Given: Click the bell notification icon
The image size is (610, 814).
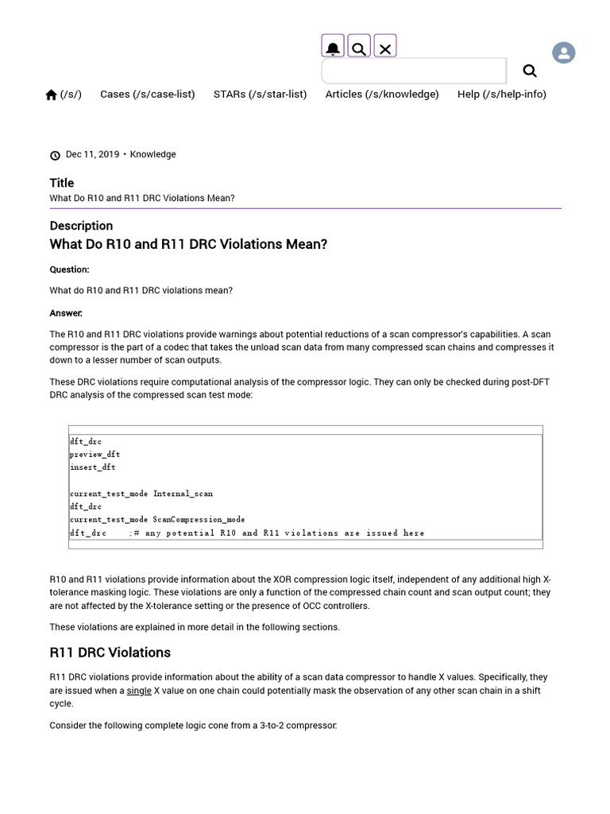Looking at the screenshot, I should click(x=333, y=47).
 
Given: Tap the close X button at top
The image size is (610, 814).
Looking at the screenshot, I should click(x=385, y=48).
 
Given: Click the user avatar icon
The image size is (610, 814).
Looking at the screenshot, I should click(x=563, y=53).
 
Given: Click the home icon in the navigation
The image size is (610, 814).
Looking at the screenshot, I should click(x=52, y=95).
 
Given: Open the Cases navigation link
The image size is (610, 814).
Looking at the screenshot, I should click(x=147, y=94).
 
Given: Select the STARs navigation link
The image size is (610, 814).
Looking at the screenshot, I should click(x=260, y=94).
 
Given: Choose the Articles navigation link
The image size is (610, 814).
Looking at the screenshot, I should click(x=381, y=94).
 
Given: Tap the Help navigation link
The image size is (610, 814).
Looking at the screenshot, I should click(x=501, y=94).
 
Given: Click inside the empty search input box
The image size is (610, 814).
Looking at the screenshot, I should click(x=413, y=71).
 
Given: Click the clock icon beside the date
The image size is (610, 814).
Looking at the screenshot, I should click(x=55, y=155).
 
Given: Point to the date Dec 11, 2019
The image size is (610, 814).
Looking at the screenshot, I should click(x=92, y=154).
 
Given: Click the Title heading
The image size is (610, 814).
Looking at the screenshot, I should click(x=61, y=183).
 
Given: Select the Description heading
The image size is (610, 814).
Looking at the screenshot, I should click(x=81, y=226).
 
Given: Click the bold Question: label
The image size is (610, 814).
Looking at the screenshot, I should click(x=69, y=269).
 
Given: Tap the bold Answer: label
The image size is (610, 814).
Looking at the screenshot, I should click(x=66, y=313).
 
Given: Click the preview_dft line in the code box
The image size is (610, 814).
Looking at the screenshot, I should click(x=95, y=454).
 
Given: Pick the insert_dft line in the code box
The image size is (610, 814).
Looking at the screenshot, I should click(x=92, y=467).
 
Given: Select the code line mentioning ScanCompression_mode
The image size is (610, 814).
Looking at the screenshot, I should click(x=156, y=519).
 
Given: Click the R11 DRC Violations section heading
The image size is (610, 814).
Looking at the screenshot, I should click(x=110, y=653).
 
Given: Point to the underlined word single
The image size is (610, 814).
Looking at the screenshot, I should click(x=139, y=691).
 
